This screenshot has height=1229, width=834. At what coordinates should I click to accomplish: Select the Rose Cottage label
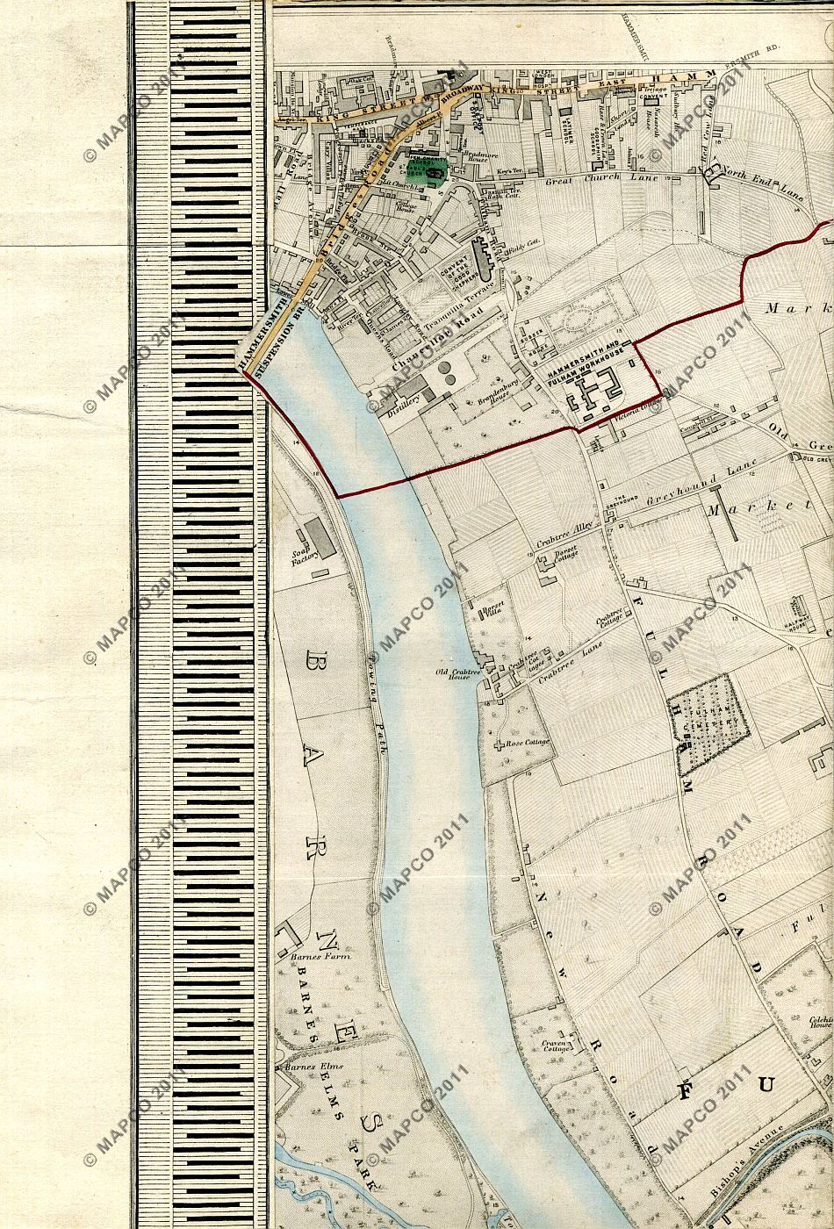click(527, 743)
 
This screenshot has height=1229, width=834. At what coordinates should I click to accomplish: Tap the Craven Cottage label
click(557, 1046)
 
